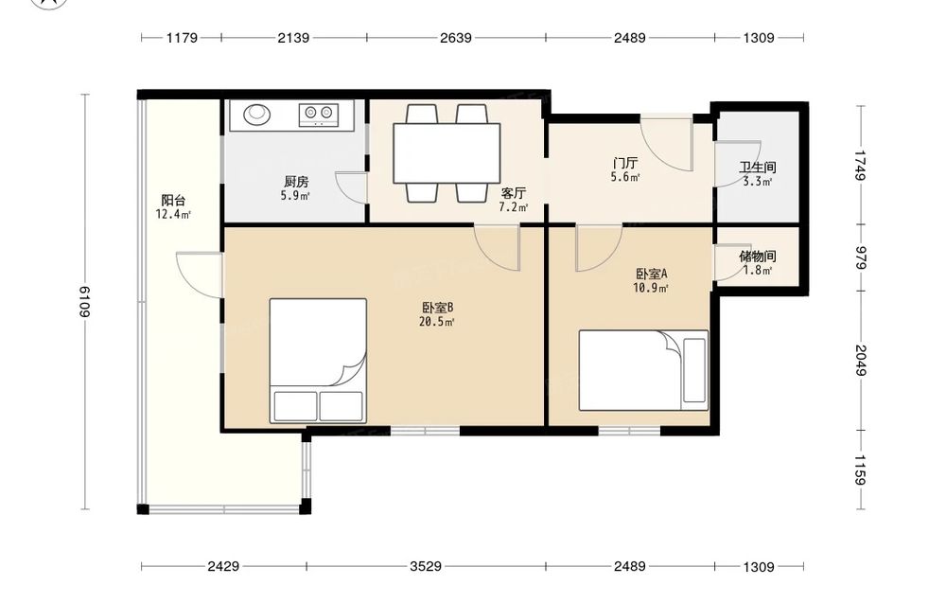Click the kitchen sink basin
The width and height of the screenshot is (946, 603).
pyautogui.click(x=257, y=114)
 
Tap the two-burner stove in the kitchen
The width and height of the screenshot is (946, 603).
pyautogui.click(x=319, y=115)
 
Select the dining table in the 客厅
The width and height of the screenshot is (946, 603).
pyautogui.click(x=447, y=152)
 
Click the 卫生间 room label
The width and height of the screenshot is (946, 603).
pyautogui.click(x=758, y=168)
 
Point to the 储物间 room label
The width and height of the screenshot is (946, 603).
pyautogui.click(x=757, y=257)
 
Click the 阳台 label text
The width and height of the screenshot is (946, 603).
pyautogui.click(x=173, y=201)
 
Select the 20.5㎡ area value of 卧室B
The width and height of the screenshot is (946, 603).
pyautogui.click(x=436, y=322)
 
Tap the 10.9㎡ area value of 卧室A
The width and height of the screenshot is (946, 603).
pyautogui.click(x=651, y=288)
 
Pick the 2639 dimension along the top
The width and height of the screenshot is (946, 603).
pyautogui.click(x=456, y=38)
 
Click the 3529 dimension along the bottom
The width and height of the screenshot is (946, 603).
pyautogui.click(x=426, y=566)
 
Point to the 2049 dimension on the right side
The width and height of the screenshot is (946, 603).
pyautogui.click(x=860, y=361)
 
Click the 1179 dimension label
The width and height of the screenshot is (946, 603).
pyautogui.click(x=182, y=38)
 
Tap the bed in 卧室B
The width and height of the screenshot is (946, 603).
pyautogui.click(x=318, y=361)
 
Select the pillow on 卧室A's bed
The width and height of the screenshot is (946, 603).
pyautogui.click(x=694, y=370)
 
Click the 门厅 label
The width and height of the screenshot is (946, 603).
pyautogui.click(x=625, y=163)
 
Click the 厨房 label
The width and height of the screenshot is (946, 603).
pyautogui.click(x=296, y=181)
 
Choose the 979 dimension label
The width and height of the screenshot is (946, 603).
pyautogui.click(x=860, y=258)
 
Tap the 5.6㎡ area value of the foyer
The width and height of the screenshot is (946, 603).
pyautogui.click(x=625, y=177)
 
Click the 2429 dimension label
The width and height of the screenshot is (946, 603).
pyautogui.click(x=223, y=566)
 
